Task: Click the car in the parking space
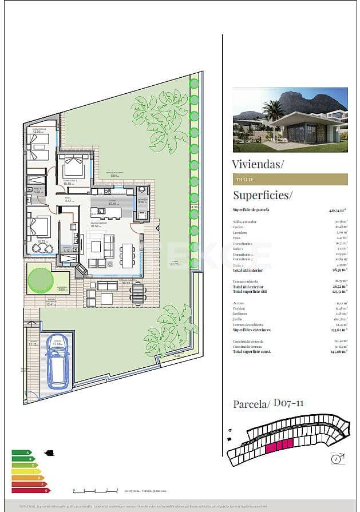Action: (x=57, y=361)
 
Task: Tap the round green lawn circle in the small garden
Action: (x=40, y=279)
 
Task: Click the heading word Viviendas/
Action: (x=258, y=164)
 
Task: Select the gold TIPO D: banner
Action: (x=290, y=179)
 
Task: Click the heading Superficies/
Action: (x=262, y=195)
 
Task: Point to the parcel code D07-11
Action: (x=288, y=403)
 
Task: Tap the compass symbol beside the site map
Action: (x=335, y=458)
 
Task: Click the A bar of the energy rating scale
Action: (x=21, y=453)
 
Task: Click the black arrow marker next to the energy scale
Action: (x=49, y=454)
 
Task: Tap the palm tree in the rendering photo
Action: (x=274, y=114)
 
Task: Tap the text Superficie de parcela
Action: (x=251, y=210)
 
